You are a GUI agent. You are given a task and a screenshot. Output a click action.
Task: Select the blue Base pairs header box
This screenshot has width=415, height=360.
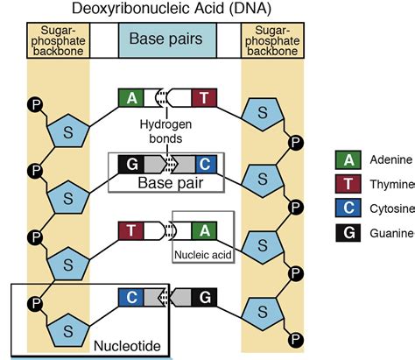pyautogui.click(x=166, y=40)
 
